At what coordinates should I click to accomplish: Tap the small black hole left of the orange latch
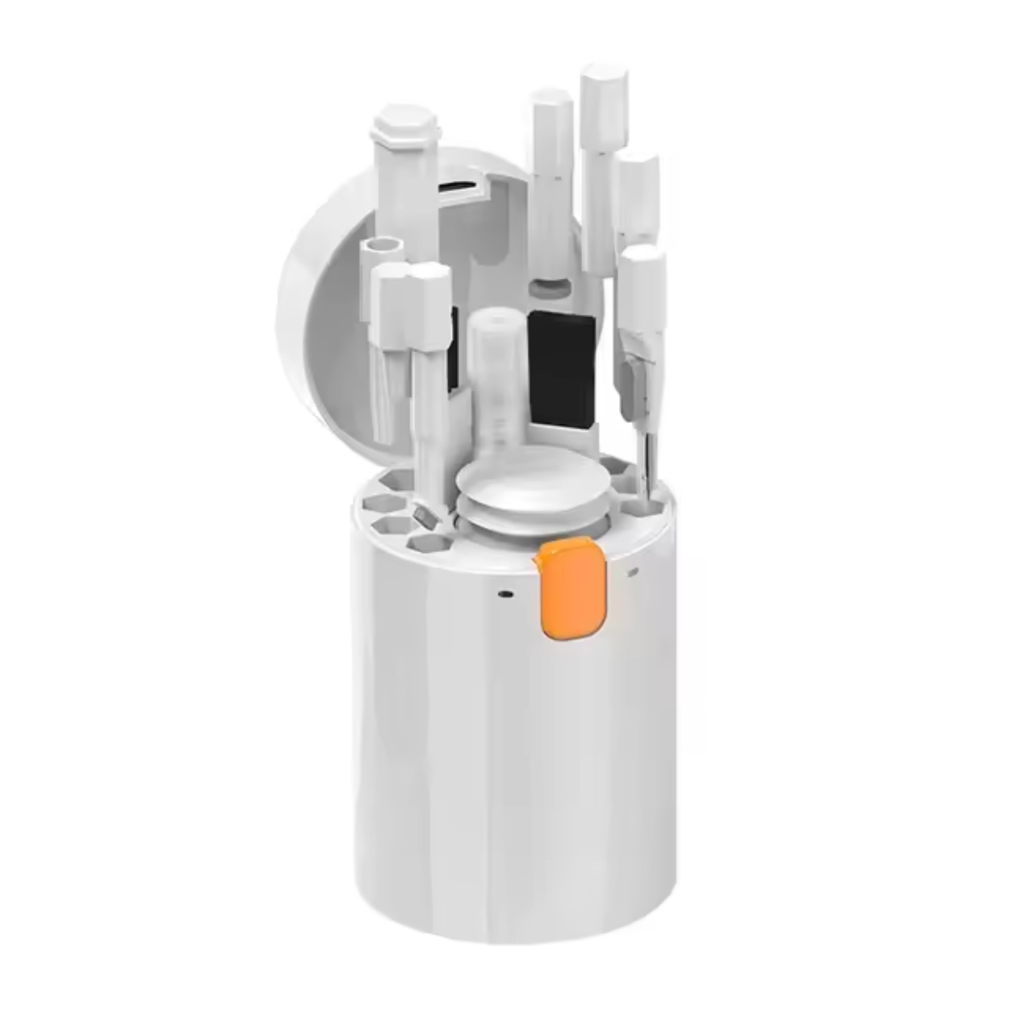coord(504,594)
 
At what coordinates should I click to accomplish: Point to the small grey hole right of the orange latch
coord(633,571)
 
